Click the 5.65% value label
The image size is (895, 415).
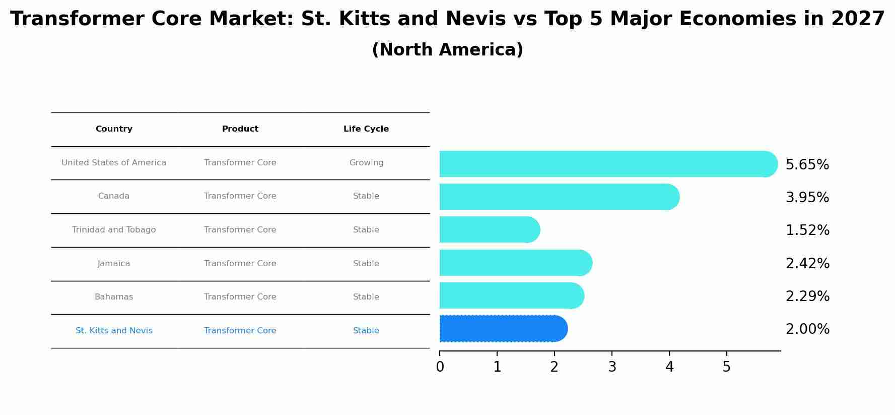pyautogui.click(x=807, y=165)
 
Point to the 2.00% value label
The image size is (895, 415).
pyautogui.click(x=807, y=329)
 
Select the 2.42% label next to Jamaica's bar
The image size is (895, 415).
pyautogui.click(x=807, y=264)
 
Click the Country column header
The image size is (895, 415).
pyautogui.click(x=114, y=129)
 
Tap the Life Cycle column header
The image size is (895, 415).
pyautogui.click(x=366, y=129)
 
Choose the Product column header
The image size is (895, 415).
pyautogui.click(x=240, y=129)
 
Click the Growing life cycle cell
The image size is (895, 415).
pyautogui.click(x=366, y=163)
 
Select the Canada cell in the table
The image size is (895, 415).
pyautogui.click(x=114, y=196)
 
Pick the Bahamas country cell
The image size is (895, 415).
pyautogui.click(x=114, y=297)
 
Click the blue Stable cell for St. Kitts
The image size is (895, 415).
pyautogui.click(x=366, y=331)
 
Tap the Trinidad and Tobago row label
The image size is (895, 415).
pyautogui.click(x=114, y=230)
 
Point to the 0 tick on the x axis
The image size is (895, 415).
pyautogui.click(x=440, y=367)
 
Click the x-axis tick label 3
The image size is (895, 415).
pyautogui.click(x=612, y=367)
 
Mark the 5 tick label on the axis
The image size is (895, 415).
pyautogui.click(x=726, y=367)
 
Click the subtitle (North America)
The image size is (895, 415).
pyautogui.click(x=447, y=50)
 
